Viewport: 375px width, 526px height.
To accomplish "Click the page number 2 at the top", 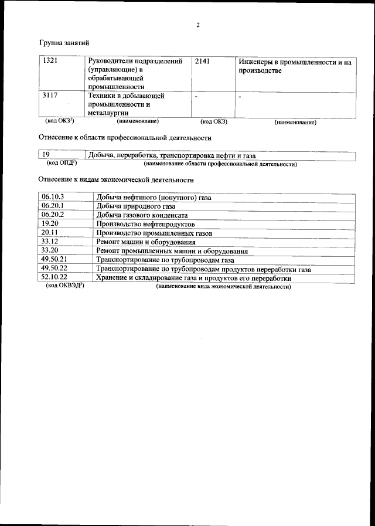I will (x=199, y=25).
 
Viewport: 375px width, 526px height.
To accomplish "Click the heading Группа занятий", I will (x=64, y=43).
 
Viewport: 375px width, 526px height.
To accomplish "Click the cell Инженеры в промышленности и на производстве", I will (x=295, y=66).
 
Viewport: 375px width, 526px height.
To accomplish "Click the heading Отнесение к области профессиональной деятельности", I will (x=125, y=138).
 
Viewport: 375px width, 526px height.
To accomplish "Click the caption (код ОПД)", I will (x=62, y=163).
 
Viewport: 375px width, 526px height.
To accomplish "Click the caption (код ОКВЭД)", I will (x=65, y=286).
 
